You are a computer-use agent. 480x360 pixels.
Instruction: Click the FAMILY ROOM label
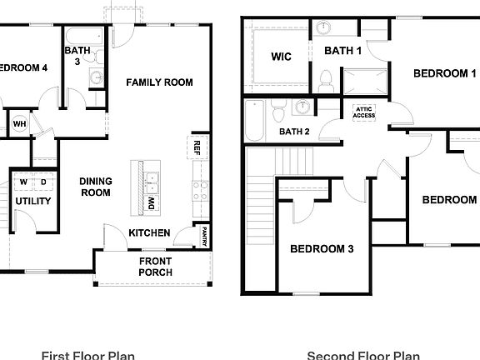(x=159, y=82)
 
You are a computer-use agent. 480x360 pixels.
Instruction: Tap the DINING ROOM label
(x=96, y=187)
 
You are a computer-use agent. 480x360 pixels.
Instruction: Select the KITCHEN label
(x=150, y=232)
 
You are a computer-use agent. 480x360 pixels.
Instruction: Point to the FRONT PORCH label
(x=155, y=267)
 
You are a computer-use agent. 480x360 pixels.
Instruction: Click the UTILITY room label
(x=33, y=201)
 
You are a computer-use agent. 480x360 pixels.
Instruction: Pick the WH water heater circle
(x=19, y=124)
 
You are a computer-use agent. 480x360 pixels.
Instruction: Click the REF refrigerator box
(x=197, y=147)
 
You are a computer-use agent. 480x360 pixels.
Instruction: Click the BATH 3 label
(x=78, y=56)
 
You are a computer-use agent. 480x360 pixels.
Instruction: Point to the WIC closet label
(x=281, y=57)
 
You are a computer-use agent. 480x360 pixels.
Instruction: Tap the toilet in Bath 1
(x=326, y=82)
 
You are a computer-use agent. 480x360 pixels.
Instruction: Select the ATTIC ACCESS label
(x=364, y=112)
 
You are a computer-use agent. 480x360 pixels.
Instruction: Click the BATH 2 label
(x=294, y=131)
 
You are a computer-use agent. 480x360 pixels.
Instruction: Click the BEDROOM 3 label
(x=322, y=248)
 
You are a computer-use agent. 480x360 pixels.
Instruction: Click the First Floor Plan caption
(x=87, y=355)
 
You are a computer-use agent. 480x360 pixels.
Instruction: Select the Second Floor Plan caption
(x=362, y=355)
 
